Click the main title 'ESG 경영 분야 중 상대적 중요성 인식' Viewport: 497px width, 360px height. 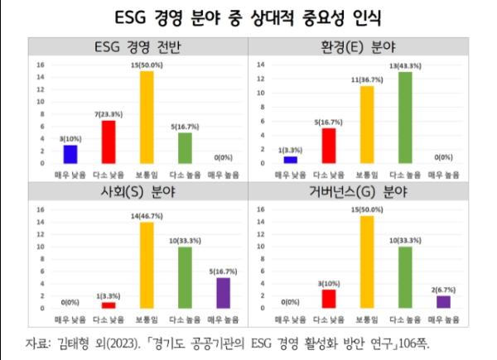click(248, 17)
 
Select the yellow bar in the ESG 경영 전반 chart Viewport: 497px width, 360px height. click(146, 117)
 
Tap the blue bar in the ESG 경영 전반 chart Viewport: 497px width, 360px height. click(71, 154)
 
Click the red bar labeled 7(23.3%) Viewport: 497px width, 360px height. click(109, 141)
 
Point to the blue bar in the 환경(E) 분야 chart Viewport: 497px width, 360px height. click(289, 160)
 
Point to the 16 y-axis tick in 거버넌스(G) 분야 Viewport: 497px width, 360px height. click(260, 210)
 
